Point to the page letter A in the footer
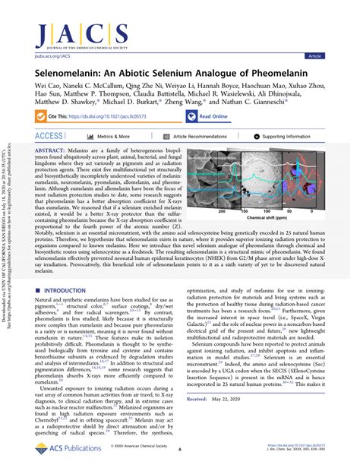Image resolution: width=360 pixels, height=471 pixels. pyautogui.click(x=179, y=449)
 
